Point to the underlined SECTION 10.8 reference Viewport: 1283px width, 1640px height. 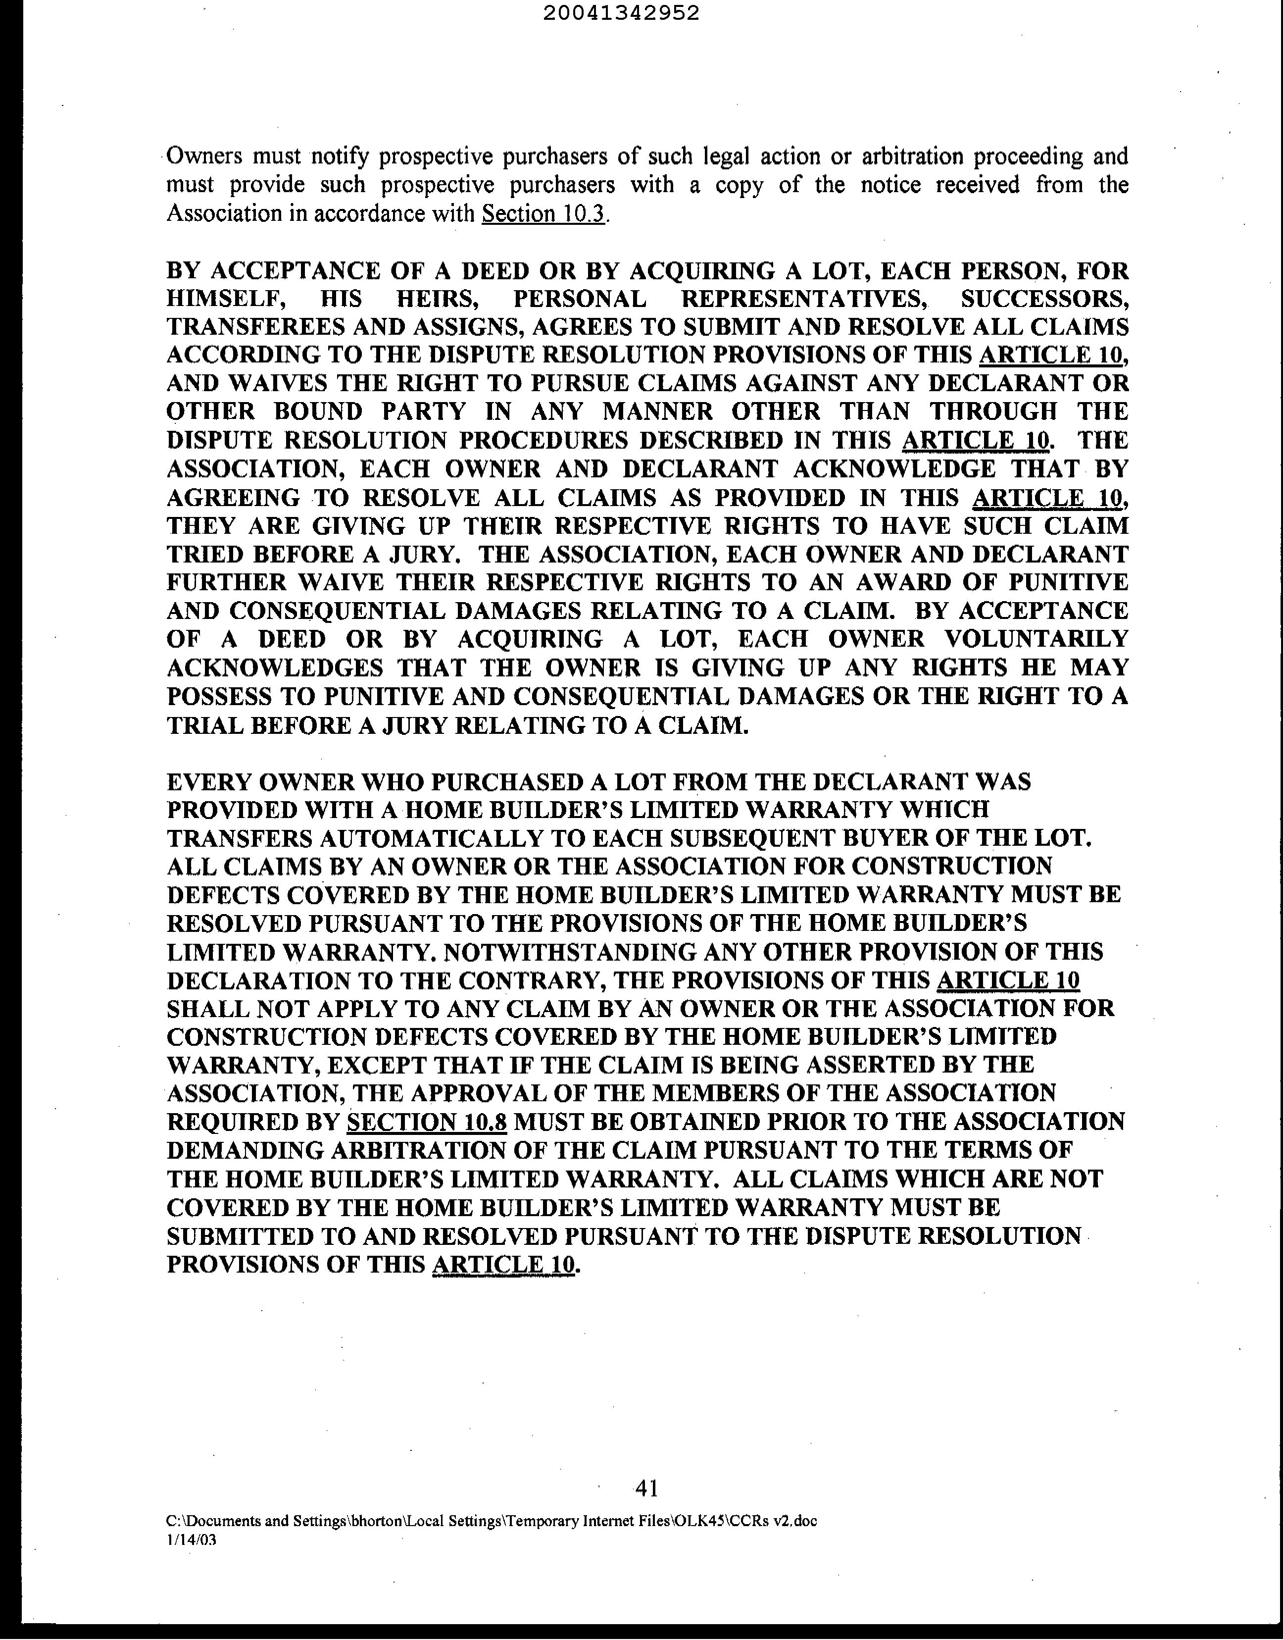[x=427, y=1122]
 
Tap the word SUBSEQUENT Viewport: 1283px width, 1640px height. [x=733, y=838]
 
